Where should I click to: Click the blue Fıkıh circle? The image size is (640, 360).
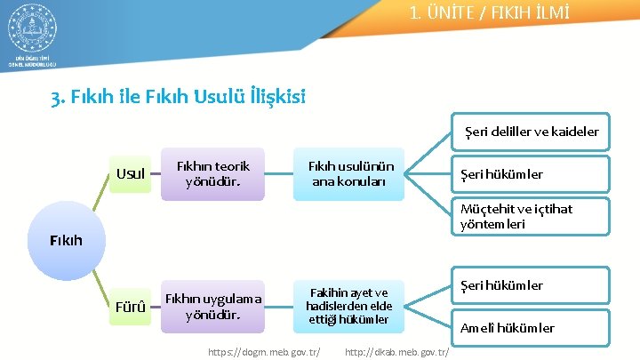coord(67,240)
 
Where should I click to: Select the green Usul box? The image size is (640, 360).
coord(131,173)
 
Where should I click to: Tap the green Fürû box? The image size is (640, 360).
coord(131,308)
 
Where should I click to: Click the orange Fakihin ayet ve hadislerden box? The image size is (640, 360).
coord(348,306)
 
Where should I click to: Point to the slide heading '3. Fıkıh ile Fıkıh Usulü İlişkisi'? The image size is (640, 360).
coord(179,95)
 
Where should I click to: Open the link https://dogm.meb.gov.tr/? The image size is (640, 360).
coord(264,352)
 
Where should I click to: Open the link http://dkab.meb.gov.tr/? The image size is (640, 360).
coord(396,352)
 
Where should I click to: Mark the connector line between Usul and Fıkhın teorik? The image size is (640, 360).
coord(155,174)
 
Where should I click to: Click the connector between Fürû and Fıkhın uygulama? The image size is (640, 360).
coord(155,308)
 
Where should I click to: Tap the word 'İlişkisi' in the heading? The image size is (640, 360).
coord(273,95)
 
